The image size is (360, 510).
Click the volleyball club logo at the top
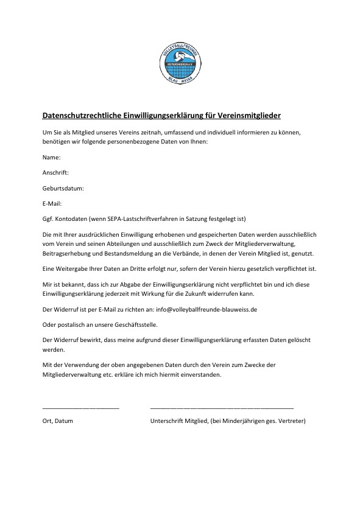click(180, 63)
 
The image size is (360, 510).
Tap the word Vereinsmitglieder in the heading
click(250, 115)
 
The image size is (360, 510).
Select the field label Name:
click(51, 158)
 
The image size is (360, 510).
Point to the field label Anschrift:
click(55, 173)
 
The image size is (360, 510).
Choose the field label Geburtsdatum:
click(63, 188)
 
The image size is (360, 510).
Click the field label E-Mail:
click(52, 203)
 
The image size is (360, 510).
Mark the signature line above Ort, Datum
click(81, 407)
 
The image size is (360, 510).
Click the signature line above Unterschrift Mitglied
click(222, 407)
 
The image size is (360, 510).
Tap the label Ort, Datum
click(58, 421)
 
